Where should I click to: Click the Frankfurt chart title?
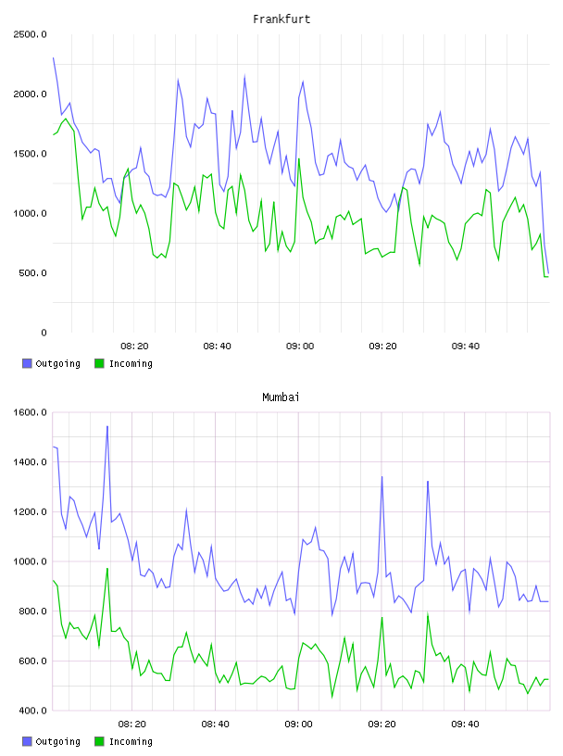(281, 19)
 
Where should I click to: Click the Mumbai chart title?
(281, 397)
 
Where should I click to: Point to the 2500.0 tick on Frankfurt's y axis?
(31, 34)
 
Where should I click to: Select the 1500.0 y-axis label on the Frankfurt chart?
(31, 154)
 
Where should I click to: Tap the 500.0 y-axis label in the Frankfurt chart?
(32, 273)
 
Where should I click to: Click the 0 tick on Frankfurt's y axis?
(44, 333)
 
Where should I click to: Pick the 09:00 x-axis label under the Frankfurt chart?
(300, 346)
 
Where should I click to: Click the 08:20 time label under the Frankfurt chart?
(134, 346)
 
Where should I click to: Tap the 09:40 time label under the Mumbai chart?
(465, 724)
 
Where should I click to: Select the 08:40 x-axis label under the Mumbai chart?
(216, 724)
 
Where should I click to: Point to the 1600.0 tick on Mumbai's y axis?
(31, 412)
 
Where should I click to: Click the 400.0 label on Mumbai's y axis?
(32, 711)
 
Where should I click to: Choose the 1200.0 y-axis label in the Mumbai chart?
(31, 511)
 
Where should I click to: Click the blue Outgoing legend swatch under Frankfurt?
(27, 363)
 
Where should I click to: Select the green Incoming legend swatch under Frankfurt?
(99, 363)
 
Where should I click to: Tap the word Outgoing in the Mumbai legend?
(57, 741)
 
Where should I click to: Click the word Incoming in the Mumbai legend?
(131, 741)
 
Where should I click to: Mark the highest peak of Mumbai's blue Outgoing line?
(107, 426)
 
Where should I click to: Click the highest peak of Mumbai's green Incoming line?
(107, 569)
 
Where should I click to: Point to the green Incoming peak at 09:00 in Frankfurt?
(299, 158)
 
